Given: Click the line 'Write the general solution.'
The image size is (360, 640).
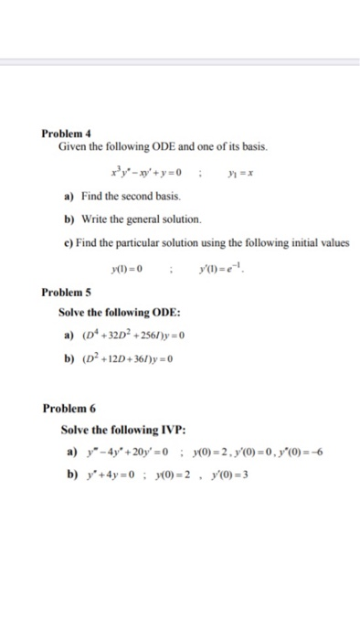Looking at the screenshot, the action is [x=133, y=220].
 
